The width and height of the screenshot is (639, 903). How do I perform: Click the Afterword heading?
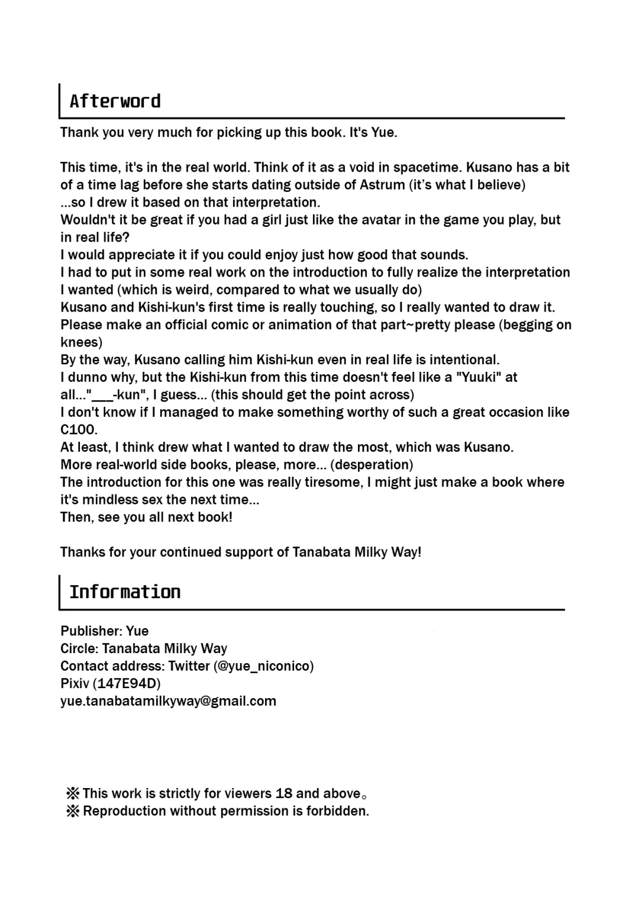115,101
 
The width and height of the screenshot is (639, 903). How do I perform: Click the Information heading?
125,592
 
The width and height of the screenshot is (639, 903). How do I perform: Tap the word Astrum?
382,185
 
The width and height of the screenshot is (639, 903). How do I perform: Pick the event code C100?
78,430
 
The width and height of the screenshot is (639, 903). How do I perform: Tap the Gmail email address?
168,701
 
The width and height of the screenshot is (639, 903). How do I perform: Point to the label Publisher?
91,631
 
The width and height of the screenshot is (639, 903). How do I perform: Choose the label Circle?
79,648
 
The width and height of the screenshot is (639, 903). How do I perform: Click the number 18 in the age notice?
283,793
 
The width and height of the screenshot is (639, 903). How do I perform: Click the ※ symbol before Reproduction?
73,811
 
